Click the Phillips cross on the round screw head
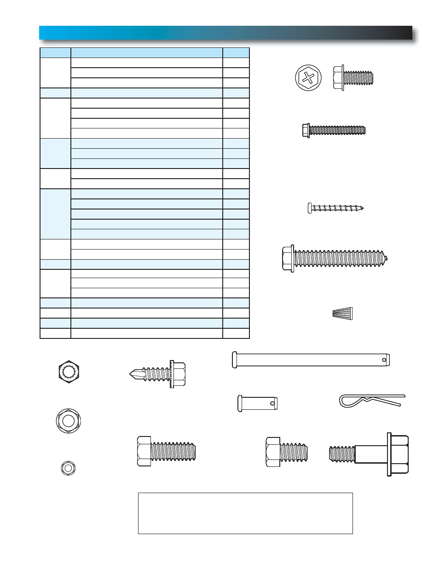point(308,78)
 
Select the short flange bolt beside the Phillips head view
point(353,78)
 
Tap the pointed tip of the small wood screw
point(362,208)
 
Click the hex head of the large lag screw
point(288,259)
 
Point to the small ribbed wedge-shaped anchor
point(342,314)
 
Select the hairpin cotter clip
point(372,401)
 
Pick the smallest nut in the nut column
point(68,468)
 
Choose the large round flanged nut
point(68,420)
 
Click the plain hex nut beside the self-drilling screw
point(69,371)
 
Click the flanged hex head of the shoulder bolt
point(399,454)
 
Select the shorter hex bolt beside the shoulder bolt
point(286,452)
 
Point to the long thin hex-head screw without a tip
point(334,130)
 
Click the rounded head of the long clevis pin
point(235,360)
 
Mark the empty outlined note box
point(245,513)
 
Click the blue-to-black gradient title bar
point(225,33)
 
